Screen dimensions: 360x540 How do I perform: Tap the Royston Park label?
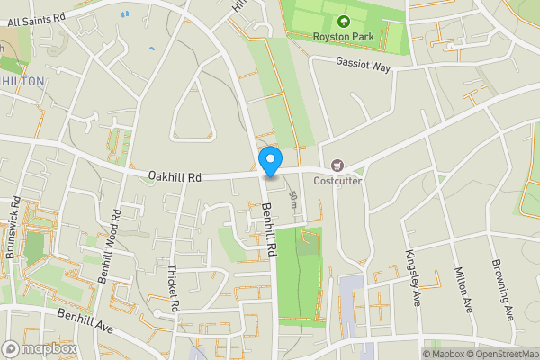point(342,36)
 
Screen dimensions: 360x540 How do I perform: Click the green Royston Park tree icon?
point(342,22)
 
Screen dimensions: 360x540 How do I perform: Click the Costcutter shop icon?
point(338,165)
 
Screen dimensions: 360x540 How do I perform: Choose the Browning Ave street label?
point(502,288)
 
